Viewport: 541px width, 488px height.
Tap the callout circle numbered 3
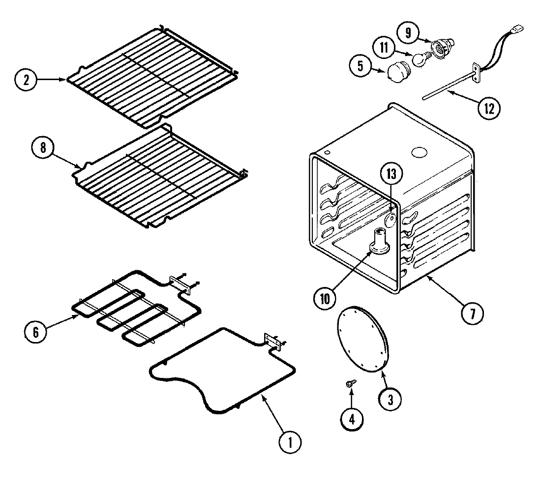tap(390, 400)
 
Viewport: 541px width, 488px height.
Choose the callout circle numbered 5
tap(361, 66)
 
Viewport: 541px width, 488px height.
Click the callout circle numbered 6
tap(36, 332)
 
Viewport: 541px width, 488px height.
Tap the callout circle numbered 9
tap(408, 33)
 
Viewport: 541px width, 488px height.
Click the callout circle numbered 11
tap(384, 48)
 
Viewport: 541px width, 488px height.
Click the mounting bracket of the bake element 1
tap(271, 342)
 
